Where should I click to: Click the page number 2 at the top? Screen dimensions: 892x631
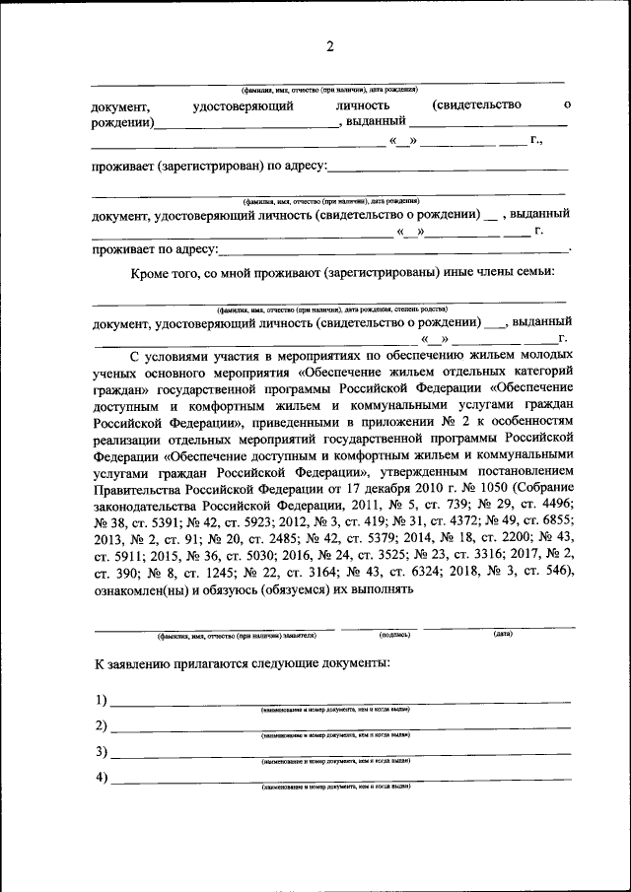[330, 46]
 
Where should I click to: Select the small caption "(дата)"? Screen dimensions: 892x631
[503, 634]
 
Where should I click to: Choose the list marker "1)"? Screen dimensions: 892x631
[101, 701]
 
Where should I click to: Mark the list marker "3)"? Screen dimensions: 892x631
[101, 752]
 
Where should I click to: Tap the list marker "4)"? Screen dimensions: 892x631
[101, 778]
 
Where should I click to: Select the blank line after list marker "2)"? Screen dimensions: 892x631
[340, 730]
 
